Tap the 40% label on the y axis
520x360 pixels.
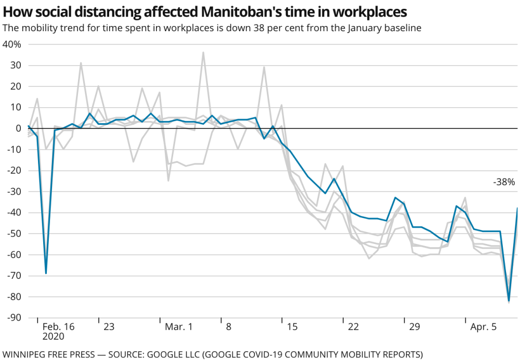pyautogui.click(x=11, y=44)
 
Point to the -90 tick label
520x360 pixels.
pyautogui.click(x=14, y=318)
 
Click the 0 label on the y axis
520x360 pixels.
pyautogui.click(x=18, y=128)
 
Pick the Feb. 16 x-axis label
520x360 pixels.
pyautogui.click(x=58, y=327)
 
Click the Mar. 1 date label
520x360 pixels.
pyautogui.click(x=178, y=327)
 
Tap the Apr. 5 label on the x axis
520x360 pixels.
pyautogui.click(x=483, y=327)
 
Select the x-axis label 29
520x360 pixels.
pyautogui.click(x=414, y=327)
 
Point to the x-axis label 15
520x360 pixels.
pyautogui.click(x=292, y=327)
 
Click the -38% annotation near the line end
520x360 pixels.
pyautogui.click(x=504, y=182)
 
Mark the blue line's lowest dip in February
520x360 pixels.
pyautogui.click(x=46, y=273)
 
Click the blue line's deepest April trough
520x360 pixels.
pyautogui.click(x=509, y=300)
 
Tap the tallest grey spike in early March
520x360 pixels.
pyautogui.click(x=203, y=52)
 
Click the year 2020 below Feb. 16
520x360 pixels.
pyautogui.click(x=53, y=337)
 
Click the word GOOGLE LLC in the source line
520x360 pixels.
pyautogui.click(x=173, y=355)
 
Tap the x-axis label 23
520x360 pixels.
pyautogui.click(x=109, y=327)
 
